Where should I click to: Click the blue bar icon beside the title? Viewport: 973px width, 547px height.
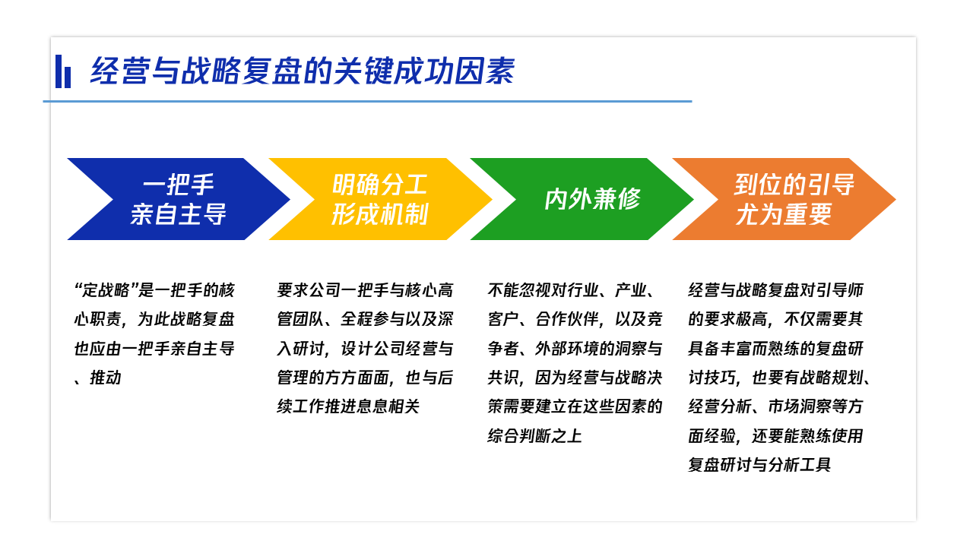coord(63,71)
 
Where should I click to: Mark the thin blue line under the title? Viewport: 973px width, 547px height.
coord(367,102)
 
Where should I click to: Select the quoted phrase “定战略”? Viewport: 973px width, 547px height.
coord(106,290)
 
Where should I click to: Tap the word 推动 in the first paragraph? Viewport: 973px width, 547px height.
coord(106,378)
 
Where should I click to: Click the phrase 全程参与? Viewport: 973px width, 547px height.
coord(372,319)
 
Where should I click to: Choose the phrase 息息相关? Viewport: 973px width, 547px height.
coord(388,406)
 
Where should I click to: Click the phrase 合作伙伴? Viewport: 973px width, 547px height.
coord(567,319)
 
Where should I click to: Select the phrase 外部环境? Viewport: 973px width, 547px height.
coord(567,348)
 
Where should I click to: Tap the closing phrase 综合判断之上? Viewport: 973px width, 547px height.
coord(535,436)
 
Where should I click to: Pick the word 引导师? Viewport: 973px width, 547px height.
coord(840,290)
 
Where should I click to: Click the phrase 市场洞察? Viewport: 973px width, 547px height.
coord(800,406)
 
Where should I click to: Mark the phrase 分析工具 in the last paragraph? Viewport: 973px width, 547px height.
coord(800,465)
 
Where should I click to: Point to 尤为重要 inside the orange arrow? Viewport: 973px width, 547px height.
coord(784,214)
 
